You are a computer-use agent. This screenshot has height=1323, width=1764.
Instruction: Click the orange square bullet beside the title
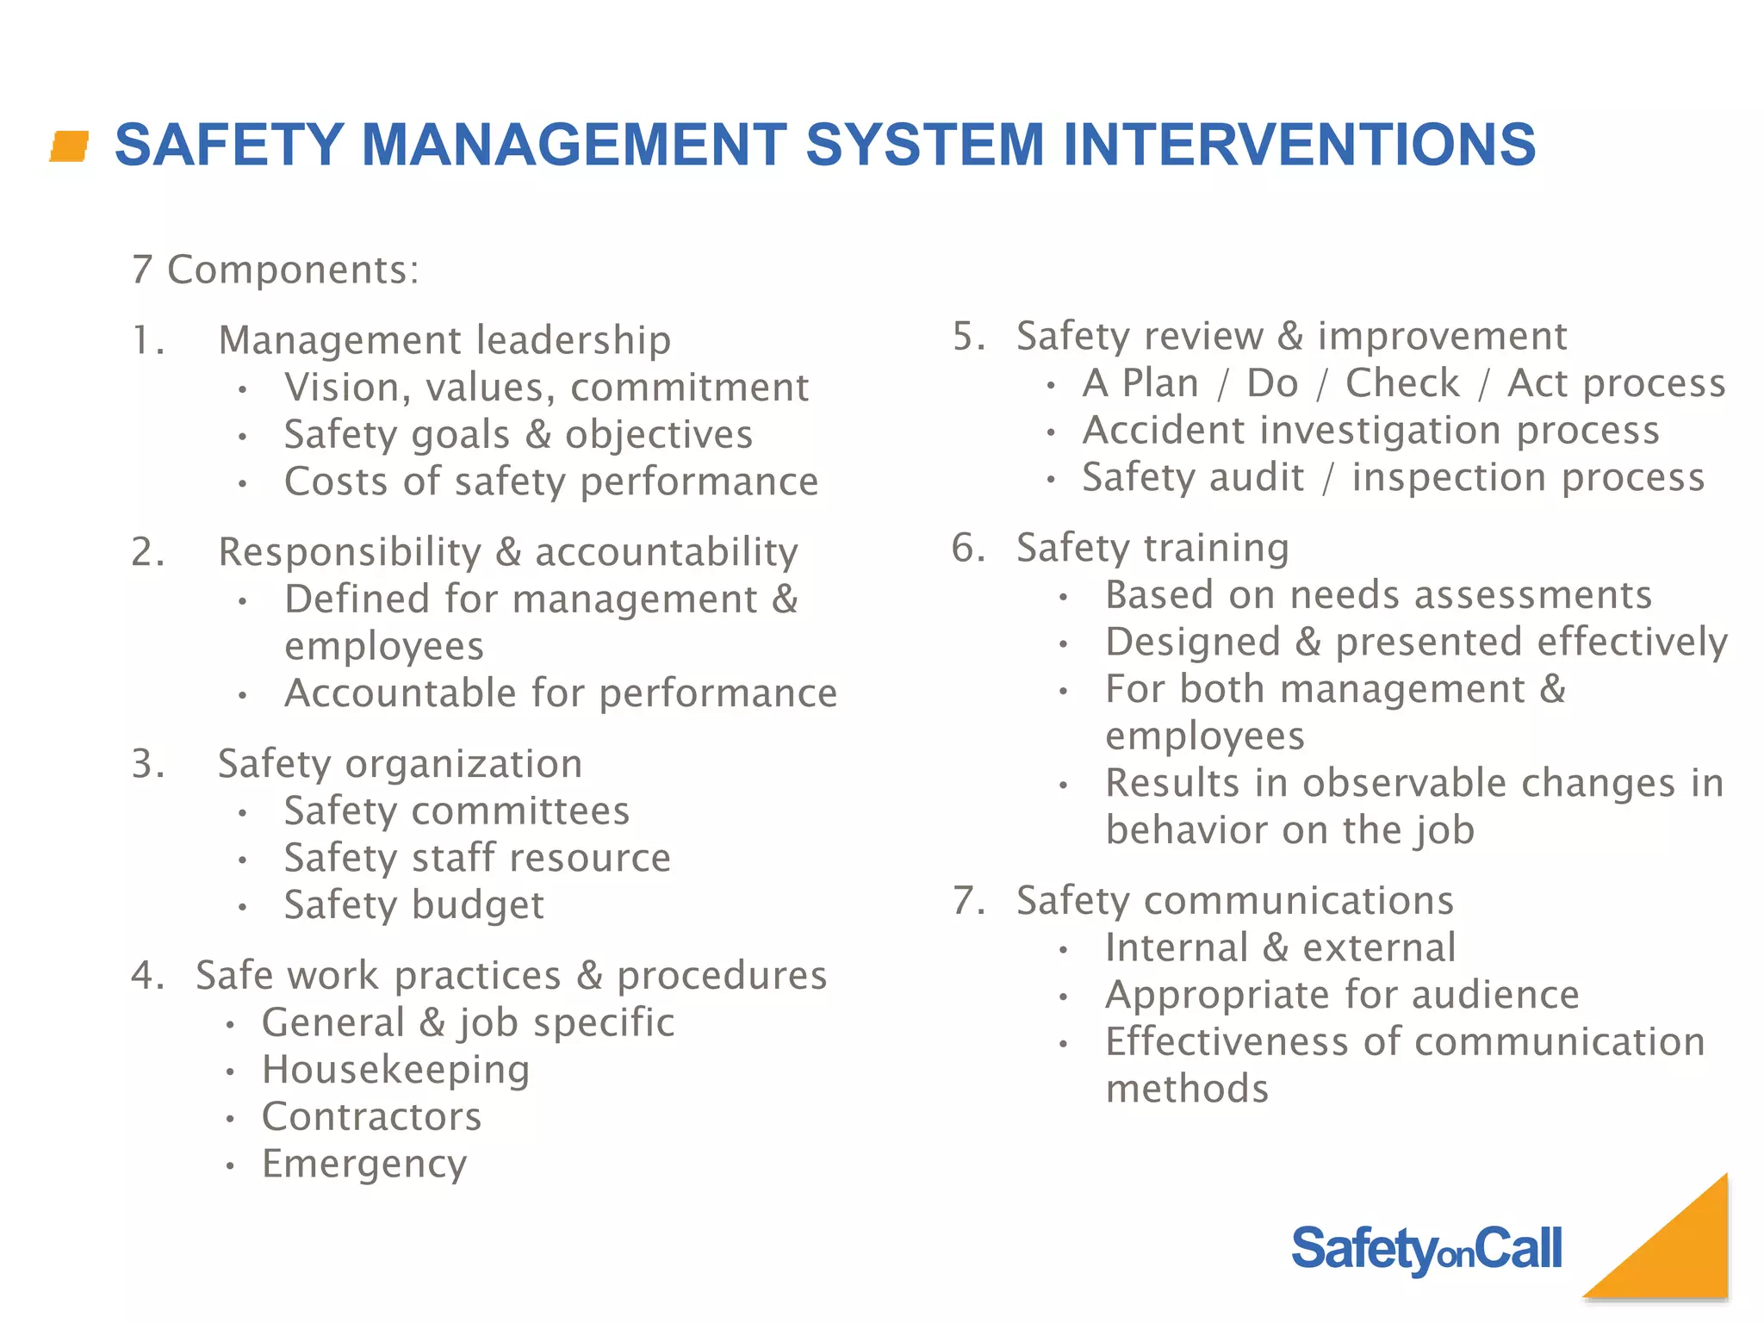tap(70, 146)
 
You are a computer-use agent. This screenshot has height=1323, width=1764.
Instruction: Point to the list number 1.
tap(147, 340)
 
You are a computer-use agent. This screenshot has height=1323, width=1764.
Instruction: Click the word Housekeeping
tap(395, 1071)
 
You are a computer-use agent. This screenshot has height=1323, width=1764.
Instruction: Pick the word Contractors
tap(371, 1117)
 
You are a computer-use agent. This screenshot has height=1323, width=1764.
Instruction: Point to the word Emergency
tap(364, 1165)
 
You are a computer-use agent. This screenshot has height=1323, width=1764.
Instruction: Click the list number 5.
tap(968, 336)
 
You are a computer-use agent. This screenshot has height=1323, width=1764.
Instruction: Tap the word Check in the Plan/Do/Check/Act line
tap(1402, 383)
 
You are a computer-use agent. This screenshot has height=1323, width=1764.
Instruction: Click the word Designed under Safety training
tap(1193, 643)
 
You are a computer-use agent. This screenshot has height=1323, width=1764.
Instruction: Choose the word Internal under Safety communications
tap(1177, 948)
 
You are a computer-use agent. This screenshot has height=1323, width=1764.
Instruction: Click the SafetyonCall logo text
tap(1426, 1249)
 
